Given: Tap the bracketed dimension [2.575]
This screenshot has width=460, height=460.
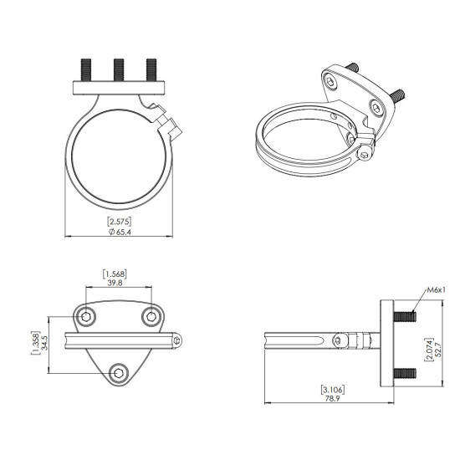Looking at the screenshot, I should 119,221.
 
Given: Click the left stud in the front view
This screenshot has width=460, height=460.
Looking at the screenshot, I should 86,69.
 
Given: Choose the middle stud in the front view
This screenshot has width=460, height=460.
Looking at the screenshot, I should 118,69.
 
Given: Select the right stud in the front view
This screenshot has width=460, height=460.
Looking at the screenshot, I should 151,69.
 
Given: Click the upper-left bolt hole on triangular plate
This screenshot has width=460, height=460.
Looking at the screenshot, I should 85,316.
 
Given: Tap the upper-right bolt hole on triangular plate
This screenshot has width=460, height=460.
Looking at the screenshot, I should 151,316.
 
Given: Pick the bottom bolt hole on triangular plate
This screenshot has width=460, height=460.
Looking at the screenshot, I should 118,373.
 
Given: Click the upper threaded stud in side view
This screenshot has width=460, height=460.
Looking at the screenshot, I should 405,317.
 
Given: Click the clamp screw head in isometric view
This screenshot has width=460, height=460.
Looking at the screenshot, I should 365,153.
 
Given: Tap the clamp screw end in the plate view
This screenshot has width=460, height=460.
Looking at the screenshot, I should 178,340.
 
